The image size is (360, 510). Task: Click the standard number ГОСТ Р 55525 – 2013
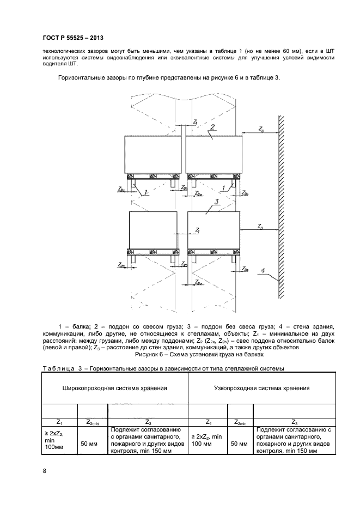(x=73, y=38)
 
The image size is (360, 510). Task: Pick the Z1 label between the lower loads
(x=196, y=230)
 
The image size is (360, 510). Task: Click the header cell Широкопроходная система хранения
(x=114, y=388)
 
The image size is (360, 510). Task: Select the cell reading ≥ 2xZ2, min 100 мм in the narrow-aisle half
(x=206, y=440)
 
